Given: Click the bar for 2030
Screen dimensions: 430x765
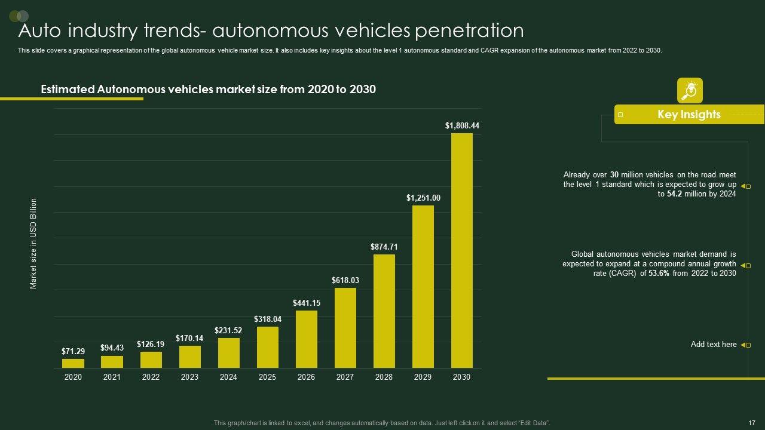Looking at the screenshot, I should (461, 250).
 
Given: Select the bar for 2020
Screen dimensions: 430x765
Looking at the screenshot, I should (73, 363).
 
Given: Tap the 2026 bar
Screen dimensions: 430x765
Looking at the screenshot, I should (306, 339).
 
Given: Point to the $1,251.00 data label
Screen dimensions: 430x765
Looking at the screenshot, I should (423, 198).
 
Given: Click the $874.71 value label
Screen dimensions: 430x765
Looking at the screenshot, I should (384, 247).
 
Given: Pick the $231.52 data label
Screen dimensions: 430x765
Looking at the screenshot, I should (228, 330).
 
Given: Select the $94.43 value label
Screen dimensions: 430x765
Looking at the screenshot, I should (112, 348).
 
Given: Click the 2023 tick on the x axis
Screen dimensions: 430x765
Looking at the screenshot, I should (189, 377).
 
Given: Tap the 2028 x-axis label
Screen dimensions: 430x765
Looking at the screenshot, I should (384, 377).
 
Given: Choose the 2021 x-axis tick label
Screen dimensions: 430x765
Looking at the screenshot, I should (112, 377).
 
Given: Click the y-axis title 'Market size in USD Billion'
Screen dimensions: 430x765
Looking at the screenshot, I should (33, 244).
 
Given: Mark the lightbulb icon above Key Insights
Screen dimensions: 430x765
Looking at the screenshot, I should (690, 90).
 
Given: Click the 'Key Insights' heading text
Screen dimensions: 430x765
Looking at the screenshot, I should (688, 114).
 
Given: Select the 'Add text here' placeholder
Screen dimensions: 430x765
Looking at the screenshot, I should (714, 345).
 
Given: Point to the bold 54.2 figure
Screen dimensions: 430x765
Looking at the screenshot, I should (675, 194).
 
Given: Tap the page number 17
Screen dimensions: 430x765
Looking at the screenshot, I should (752, 423).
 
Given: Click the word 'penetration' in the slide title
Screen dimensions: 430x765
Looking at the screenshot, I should (469, 30).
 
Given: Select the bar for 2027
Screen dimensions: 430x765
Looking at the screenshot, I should (345, 328).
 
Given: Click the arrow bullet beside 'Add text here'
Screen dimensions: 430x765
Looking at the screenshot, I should (745, 345).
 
